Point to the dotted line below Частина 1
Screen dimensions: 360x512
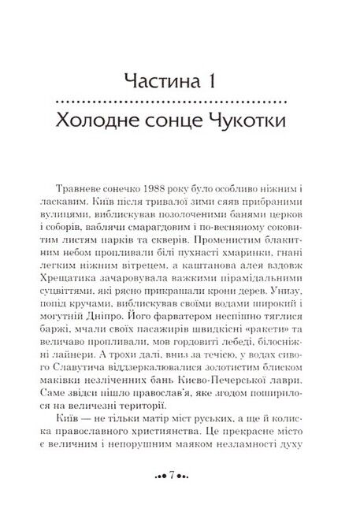(180, 102)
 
